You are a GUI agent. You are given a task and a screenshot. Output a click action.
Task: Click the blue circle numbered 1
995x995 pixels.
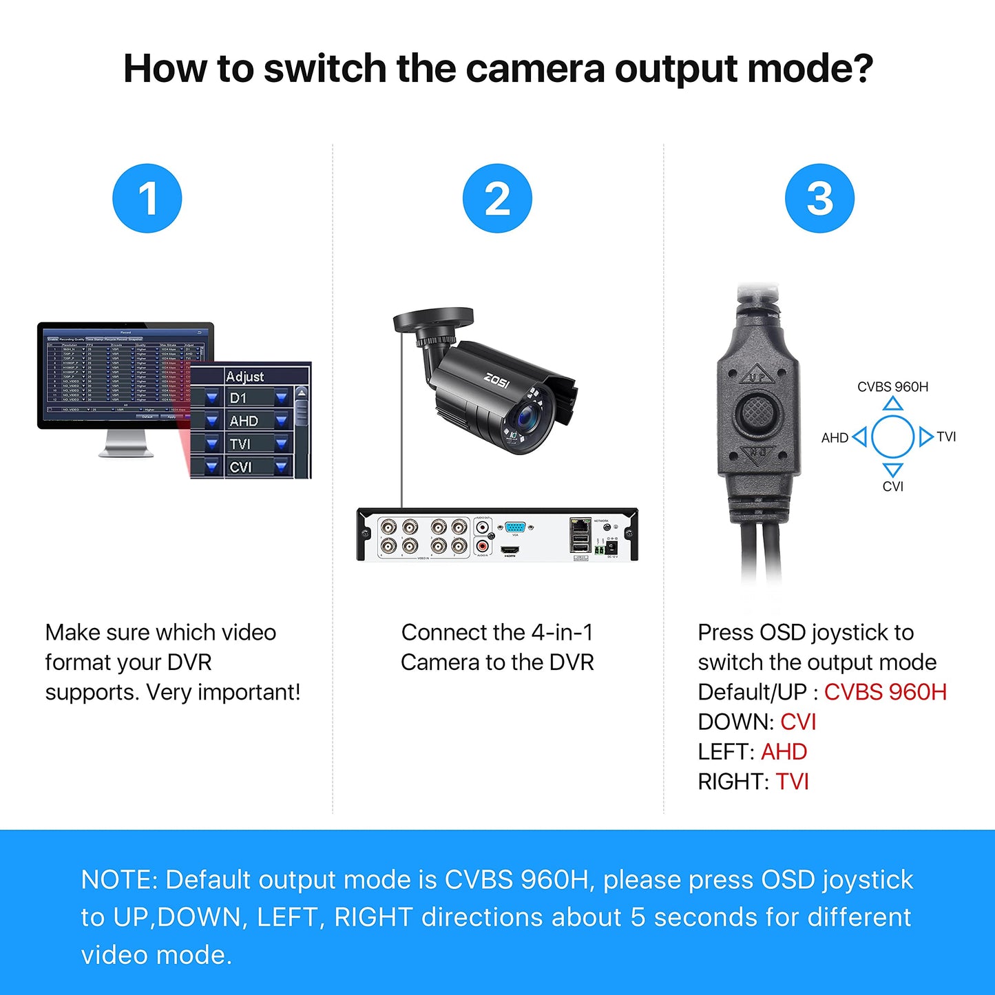147,198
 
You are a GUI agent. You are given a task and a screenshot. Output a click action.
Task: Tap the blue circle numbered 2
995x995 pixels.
497,198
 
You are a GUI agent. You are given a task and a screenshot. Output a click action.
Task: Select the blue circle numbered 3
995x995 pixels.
819,198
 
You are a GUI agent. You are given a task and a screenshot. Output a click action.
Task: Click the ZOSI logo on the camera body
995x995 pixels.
496,380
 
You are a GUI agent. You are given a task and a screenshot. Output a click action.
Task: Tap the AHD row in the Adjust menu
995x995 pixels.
244,421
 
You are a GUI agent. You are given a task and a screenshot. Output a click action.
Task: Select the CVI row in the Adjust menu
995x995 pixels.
241,467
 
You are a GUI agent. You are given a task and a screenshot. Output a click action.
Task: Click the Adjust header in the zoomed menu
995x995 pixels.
245,376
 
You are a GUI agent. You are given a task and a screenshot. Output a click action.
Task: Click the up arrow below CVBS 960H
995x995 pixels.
892,404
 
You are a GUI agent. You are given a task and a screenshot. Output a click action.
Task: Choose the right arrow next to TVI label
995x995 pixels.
925,437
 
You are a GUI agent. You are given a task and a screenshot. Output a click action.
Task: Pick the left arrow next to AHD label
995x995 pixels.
859,437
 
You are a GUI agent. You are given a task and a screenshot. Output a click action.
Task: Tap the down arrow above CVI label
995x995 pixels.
892,470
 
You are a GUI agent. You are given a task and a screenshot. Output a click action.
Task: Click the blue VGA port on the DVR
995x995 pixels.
515,527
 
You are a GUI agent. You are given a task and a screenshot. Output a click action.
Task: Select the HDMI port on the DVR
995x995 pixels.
510,550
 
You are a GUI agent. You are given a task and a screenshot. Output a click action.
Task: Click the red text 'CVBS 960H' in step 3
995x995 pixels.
885,692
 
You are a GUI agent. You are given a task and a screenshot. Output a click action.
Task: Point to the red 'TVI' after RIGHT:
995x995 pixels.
792,782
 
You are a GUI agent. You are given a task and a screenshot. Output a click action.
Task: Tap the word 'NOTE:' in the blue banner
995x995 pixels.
119,880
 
